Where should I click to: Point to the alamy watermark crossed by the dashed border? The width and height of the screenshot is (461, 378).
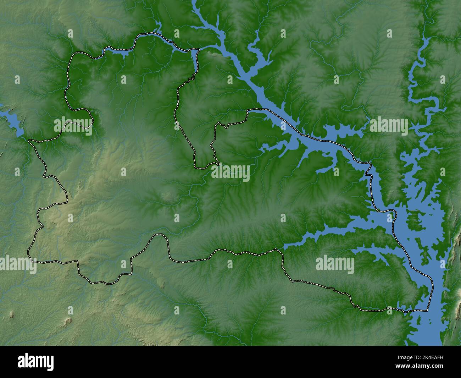(73, 126)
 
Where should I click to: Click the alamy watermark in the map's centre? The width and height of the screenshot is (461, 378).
(230, 173)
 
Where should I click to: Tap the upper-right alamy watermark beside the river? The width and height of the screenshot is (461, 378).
(389, 126)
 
